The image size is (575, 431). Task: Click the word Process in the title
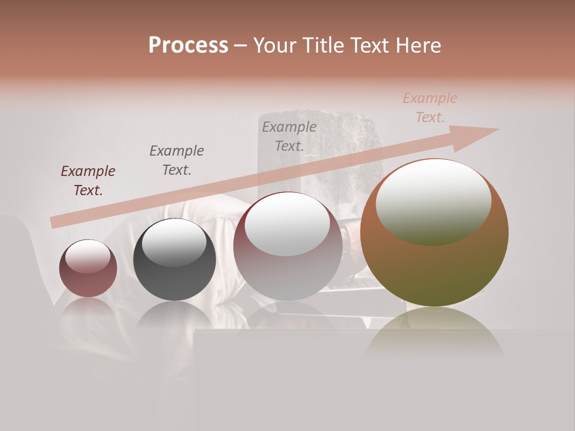pyautogui.click(x=188, y=45)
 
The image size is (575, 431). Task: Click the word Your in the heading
pyautogui.click(x=274, y=45)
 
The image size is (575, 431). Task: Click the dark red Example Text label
pyautogui.click(x=88, y=181)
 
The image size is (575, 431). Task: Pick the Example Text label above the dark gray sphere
pyautogui.click(x=177, y=160)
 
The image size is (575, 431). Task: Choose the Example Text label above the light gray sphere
pyautogui.click(x=289, y=136)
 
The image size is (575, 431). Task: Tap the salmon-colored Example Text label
pyautogui.click(x=430, y=108)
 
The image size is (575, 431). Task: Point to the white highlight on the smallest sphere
pyautogui.click(x=88, y=256)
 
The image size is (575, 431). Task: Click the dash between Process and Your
pyautogui.click(x=241, y=45)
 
